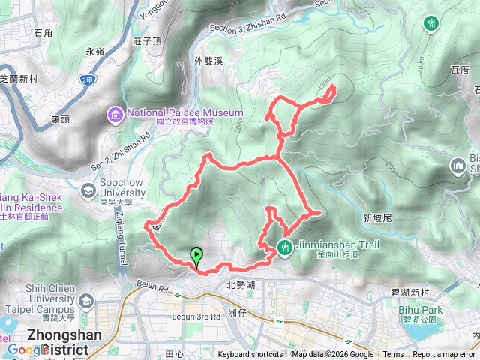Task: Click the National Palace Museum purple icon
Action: point(116,113)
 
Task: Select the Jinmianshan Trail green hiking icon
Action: point(285,246)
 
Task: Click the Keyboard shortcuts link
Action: point(250,355)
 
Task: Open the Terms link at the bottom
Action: point(393,355)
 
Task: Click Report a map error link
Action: point(444,355)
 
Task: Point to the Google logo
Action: point(28,349)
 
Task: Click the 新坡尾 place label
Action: point(377,218)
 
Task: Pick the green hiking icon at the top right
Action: point(430,23)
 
